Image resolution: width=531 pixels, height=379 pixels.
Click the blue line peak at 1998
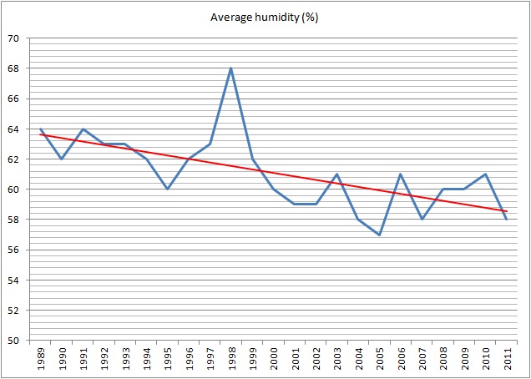pyautogui.click(x=231, y=68)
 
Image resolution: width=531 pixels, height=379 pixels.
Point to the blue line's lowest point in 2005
pyautogui.click(x=380, y=235)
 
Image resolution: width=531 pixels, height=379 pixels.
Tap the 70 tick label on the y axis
pyautogui.click(x=15, y=38)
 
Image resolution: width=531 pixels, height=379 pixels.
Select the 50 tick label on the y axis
pyautogui.click(x=15, y=341)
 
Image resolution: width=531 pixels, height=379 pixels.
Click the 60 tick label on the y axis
pyautogui.click(x=15, y=189)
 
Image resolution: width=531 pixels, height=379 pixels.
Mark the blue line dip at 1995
pyautogui.click(x=168, y=189)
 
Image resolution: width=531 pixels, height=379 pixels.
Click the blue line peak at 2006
pyautogui.click(x=401, y=174)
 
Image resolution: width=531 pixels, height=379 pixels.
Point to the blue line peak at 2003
pyautogui.click(x=337, y=174)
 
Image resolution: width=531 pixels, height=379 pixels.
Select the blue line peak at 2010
pyautogui.click(x=486, y=174)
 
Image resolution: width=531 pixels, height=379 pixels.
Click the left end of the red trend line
pyautogui.click(x=40, y=134)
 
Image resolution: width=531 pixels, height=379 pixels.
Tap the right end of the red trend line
pyautogui.click(x=507, y=211)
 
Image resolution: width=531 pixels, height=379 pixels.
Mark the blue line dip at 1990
pyautogui.click(x=62, y=159)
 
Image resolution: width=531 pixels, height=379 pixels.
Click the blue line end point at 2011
pyautogui.click(x=507, y=220)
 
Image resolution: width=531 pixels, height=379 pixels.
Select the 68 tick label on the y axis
pyautogui.click(x=15, y=68)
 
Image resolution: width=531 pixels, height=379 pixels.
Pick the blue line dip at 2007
pyautogui.click(x=422, y=220)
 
